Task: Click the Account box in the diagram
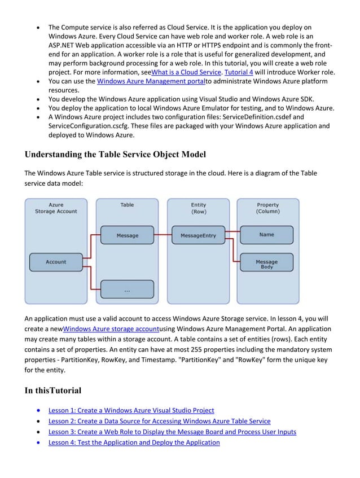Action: point(56,262)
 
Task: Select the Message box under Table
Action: point(127,235)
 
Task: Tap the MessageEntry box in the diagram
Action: point(197,235)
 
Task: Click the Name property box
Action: point(266,235)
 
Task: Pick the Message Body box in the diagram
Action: point(266,262)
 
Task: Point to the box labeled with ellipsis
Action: point(127,290)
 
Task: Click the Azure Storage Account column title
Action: point(56,208)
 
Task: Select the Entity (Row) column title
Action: point(197,208)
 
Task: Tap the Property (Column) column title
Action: point(267,208)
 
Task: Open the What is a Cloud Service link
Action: point(187,72)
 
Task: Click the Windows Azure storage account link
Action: point(111,329)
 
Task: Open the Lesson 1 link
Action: point(131,410)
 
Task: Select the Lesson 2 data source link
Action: point(159,421)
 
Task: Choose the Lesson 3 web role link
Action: point(172,432)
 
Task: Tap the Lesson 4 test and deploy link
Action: point(134,442)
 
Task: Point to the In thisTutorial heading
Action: point(53,391)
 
